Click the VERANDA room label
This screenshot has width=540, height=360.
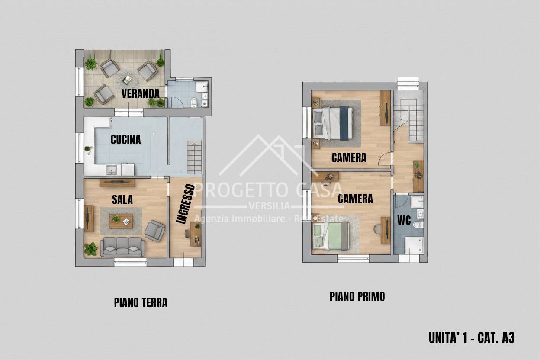point(140,93)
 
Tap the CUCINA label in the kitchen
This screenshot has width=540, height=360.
point(125,139)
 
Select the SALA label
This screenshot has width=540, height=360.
point(122,199)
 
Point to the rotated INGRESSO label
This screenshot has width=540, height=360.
point(185,204)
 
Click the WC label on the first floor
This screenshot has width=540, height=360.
point(404,220)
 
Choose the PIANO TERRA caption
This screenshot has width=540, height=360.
point(141,302)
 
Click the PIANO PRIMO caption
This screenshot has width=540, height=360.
point(357,296)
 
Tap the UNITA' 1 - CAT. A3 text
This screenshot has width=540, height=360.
point(471,337)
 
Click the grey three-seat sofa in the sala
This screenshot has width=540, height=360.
point(122,247)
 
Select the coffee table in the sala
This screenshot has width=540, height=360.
point(121,221)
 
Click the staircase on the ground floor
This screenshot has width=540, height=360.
point(194,157)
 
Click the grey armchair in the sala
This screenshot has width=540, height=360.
point(154,230)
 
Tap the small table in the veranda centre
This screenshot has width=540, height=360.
point(127,80)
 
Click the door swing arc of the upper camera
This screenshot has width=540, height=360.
point(385,160)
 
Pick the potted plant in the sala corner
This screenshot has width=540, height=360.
point(91,249)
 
